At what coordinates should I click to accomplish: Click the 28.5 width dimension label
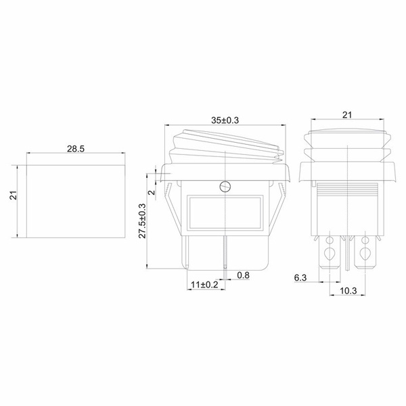click(x=76, y=149)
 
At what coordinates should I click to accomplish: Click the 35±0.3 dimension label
click(x=225, y=120)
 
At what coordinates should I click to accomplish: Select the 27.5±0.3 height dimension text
click(x=142, y=221)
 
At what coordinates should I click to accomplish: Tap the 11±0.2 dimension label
click(x=204, y=285)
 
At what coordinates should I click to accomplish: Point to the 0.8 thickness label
click(x=243, y=275)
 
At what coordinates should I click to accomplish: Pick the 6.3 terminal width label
click(x=300, y=278)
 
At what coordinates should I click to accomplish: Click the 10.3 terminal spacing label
click(x=348, y=291)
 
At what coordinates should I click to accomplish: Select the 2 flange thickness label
click(x=152, y=192)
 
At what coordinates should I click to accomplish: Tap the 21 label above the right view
click(x=347, y=115)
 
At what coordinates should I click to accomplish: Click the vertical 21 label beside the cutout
click(x=14, y=196)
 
